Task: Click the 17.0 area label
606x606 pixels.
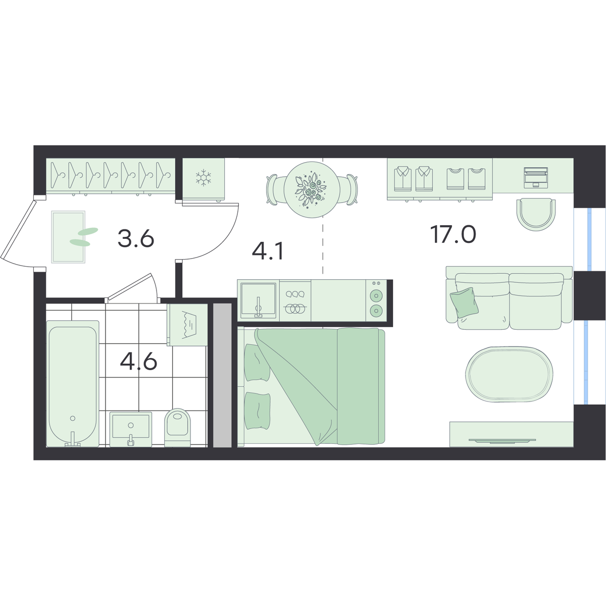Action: coord(453,235)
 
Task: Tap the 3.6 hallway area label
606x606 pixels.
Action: coord(136,238)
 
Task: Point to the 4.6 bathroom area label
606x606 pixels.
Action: coord(138,362)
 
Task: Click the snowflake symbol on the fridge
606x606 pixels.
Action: coord(203,177)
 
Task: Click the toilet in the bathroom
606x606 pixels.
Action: coord(178,428)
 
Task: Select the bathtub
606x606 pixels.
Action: coord(73,383)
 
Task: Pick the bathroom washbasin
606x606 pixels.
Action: coord(131,429)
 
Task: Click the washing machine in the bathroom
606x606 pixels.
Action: coord(188,325)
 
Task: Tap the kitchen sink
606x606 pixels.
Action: coord(258,300)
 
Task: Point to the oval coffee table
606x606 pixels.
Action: coord(509,374)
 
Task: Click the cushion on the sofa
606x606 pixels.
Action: coord(464,302)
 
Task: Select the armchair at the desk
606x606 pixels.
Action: coord(536,214)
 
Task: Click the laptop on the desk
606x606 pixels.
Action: coord(536,178)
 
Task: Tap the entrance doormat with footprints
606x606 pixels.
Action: coord(68,237)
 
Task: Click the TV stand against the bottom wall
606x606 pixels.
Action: coord(512,434)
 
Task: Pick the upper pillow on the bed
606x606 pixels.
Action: coord(257,362)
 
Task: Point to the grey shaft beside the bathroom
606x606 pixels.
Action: coord(222,375)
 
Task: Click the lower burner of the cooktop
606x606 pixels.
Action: coord(376,311)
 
